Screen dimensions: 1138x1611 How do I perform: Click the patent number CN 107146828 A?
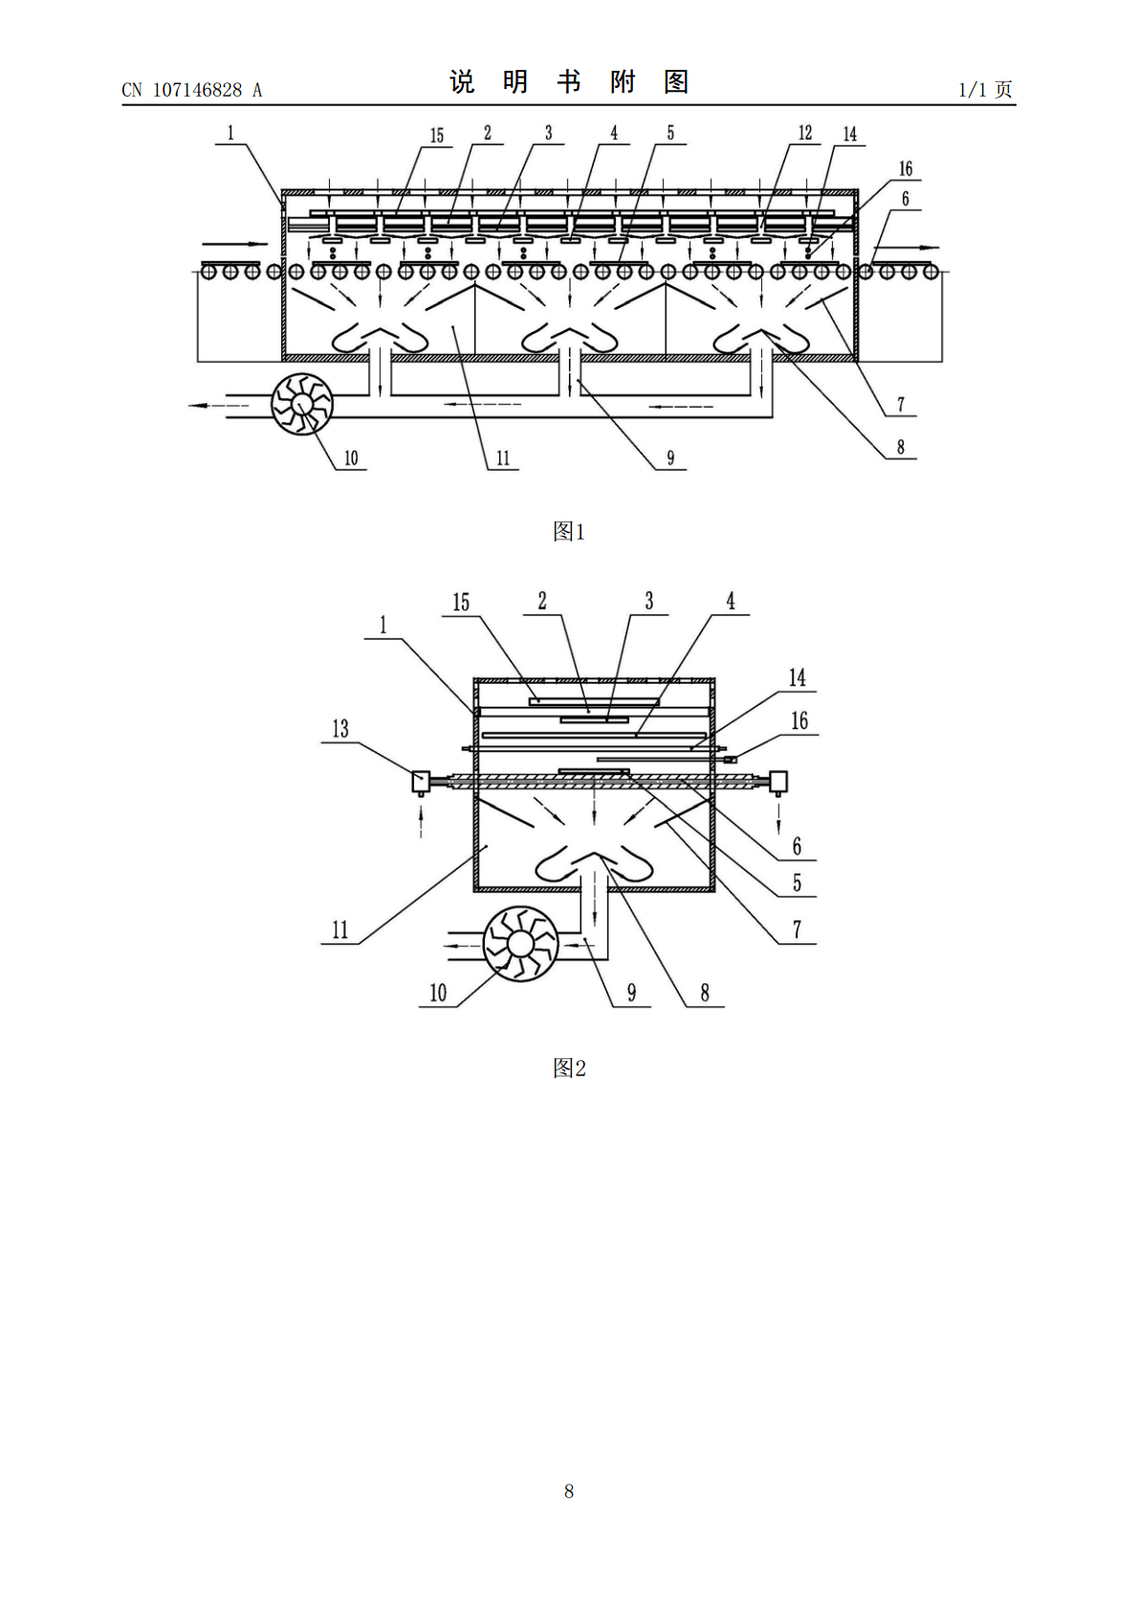click(x=192, y=90)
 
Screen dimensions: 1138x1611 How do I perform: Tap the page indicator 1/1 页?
click(x=986, y=89)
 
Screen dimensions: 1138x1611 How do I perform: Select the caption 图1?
click(x=569, y=532)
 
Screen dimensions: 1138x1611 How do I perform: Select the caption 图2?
click(x=569, y=1068)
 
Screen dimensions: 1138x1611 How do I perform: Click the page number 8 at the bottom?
click(x=569, y=1491)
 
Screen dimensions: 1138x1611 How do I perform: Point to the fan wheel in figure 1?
click(x=302, y=405)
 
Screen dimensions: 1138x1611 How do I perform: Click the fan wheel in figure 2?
click(x=520, y=943)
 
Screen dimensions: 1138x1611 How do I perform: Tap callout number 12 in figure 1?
click(x=804, y=133)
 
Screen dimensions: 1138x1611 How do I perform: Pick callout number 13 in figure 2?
click(x=340, y=729)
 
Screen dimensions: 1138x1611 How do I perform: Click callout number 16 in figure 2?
click(x=799, y=720)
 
